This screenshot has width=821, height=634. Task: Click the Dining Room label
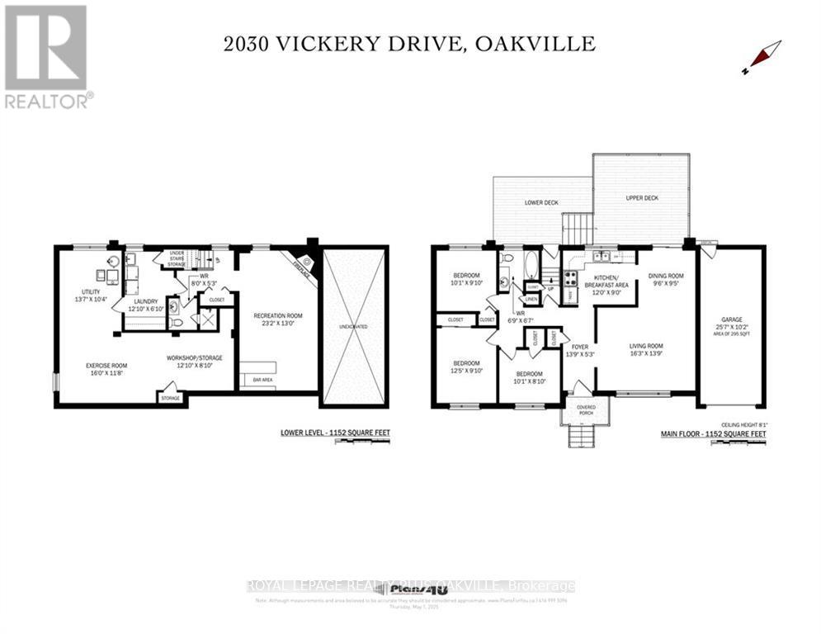click(x=666, y=277)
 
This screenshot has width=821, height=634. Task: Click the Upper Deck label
click(x=642, y=198)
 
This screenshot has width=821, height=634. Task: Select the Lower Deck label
click(x=541, y=202)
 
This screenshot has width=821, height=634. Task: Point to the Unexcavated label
click(x=353, y=327)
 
